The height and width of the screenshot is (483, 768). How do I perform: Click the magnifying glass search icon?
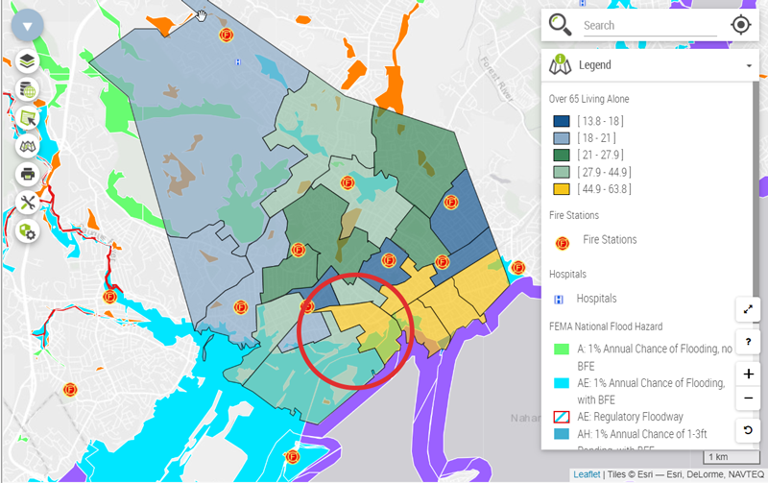(561, 25)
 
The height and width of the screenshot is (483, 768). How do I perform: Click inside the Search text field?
(649, 26)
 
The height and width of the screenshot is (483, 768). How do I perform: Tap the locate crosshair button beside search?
(740, 25)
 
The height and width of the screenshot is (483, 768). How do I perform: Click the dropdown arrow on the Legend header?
(748, 66)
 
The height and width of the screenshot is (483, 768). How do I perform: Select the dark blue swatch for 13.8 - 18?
(561, 121)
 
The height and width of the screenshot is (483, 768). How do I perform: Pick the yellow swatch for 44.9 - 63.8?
(561, 189)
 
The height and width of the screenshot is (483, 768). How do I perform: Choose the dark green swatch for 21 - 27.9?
(561, 155)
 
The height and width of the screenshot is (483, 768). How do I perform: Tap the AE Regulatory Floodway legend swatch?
(561, 418)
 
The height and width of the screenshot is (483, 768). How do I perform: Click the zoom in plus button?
(748, 374)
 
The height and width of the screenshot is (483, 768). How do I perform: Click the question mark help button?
(748, 342)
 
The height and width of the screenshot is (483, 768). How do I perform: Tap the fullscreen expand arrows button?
(748, 309)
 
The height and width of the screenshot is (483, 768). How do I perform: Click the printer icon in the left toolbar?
(27, 175)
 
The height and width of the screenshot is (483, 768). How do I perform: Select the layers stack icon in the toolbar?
(27, 61)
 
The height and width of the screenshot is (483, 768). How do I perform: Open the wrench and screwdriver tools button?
(27, 203)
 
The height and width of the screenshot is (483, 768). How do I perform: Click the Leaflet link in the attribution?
(587, 474)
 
